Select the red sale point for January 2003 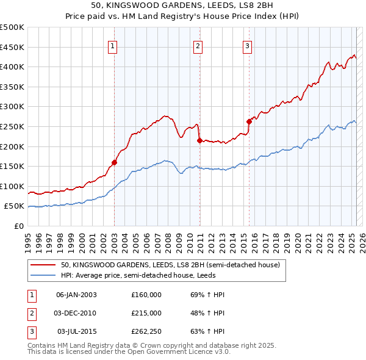pyautogui.click(x=114, y=162)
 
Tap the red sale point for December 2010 pyautogui.click(x=199, y=140)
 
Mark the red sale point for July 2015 pyautogui.click(x=249, y=121)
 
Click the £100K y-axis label pyautogui.click(x=12, y=186)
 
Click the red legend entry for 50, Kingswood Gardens pyautogui.click(x=170, y=265)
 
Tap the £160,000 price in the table pyautogui.click(x=146, y=294)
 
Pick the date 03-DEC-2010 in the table pyautogui.click(x=76, y=312)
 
